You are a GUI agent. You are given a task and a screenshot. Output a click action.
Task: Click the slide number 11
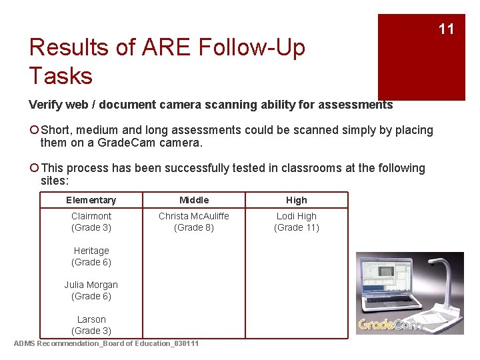(446, 29)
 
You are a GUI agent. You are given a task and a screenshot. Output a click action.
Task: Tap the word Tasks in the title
(61, 76)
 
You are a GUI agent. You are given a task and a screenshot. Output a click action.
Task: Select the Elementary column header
(91, 200)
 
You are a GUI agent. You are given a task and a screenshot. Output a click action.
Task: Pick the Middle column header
(194, 200)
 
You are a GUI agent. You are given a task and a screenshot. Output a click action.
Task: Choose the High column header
(297, 200)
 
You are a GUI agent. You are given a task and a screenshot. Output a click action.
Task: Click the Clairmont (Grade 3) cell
(91, 222)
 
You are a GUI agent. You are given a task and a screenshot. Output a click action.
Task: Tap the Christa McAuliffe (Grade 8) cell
(194, 222)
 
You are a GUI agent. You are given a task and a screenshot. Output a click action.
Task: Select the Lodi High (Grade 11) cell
(297, 222)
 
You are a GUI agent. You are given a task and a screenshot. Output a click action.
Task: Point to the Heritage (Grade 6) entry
(91, 257)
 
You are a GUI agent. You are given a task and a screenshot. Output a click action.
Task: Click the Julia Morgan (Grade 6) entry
(91, 291)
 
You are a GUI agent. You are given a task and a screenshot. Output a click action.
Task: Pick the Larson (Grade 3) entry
(91, 325)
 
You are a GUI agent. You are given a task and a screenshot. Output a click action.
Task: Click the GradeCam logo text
(390, 325)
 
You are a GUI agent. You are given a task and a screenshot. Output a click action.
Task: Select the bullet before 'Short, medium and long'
(34, 131)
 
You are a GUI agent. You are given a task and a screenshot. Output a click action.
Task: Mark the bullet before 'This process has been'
(34, 169)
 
